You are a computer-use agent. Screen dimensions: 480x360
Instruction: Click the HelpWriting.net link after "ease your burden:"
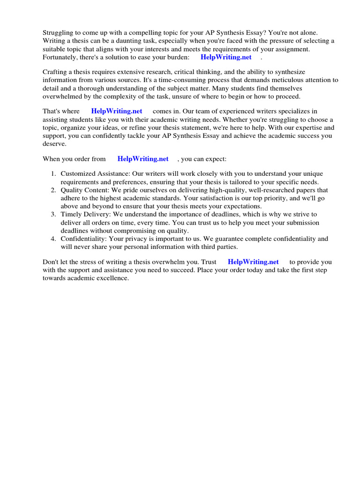226,57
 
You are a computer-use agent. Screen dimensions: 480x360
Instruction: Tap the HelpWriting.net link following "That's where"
117,112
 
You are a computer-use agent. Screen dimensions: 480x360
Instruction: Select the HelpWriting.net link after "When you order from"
143,159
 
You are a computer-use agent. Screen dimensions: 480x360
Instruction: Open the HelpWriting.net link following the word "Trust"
253,262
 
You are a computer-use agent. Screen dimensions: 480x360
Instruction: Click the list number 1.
53,174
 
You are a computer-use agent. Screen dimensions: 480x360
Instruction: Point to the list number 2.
53,190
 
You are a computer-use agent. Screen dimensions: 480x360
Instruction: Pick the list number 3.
53,215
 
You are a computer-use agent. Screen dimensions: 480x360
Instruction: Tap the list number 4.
53,239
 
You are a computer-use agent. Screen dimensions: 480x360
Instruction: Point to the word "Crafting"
56,72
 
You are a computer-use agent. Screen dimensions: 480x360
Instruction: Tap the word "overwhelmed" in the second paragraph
64,96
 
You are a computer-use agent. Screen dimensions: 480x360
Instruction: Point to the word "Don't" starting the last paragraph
51,262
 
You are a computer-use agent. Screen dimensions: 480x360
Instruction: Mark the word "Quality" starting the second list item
72,190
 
